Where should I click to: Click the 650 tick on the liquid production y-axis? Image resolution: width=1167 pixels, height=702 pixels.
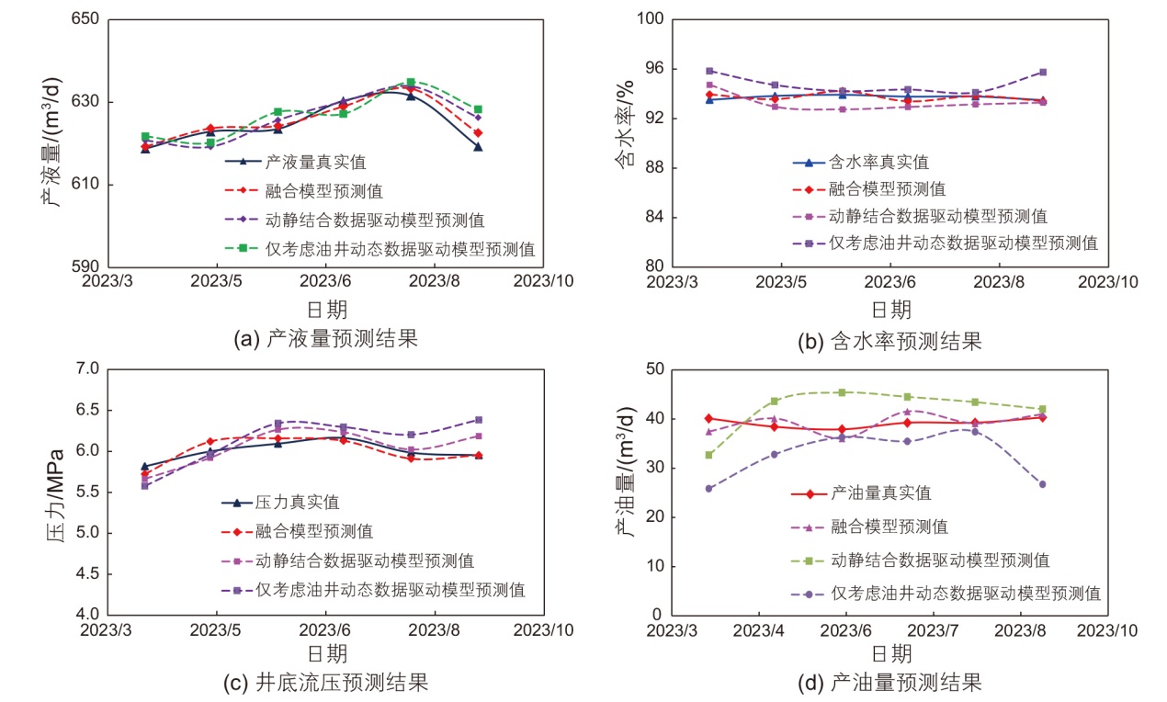click(86, 19)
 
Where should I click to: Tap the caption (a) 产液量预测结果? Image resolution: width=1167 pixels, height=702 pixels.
click(326, 338)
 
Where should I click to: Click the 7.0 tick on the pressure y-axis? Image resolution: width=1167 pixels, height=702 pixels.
click(86, 368)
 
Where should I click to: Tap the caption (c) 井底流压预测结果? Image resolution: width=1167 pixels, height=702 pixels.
click(325, 683)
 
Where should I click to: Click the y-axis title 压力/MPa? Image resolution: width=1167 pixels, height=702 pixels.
click(55, 493)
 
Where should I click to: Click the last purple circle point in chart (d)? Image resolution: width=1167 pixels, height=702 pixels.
click(1042, 484)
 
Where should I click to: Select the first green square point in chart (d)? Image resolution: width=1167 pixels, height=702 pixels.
click(708, 455)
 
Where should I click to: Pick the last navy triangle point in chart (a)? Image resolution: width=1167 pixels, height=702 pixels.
click(478, 147)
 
